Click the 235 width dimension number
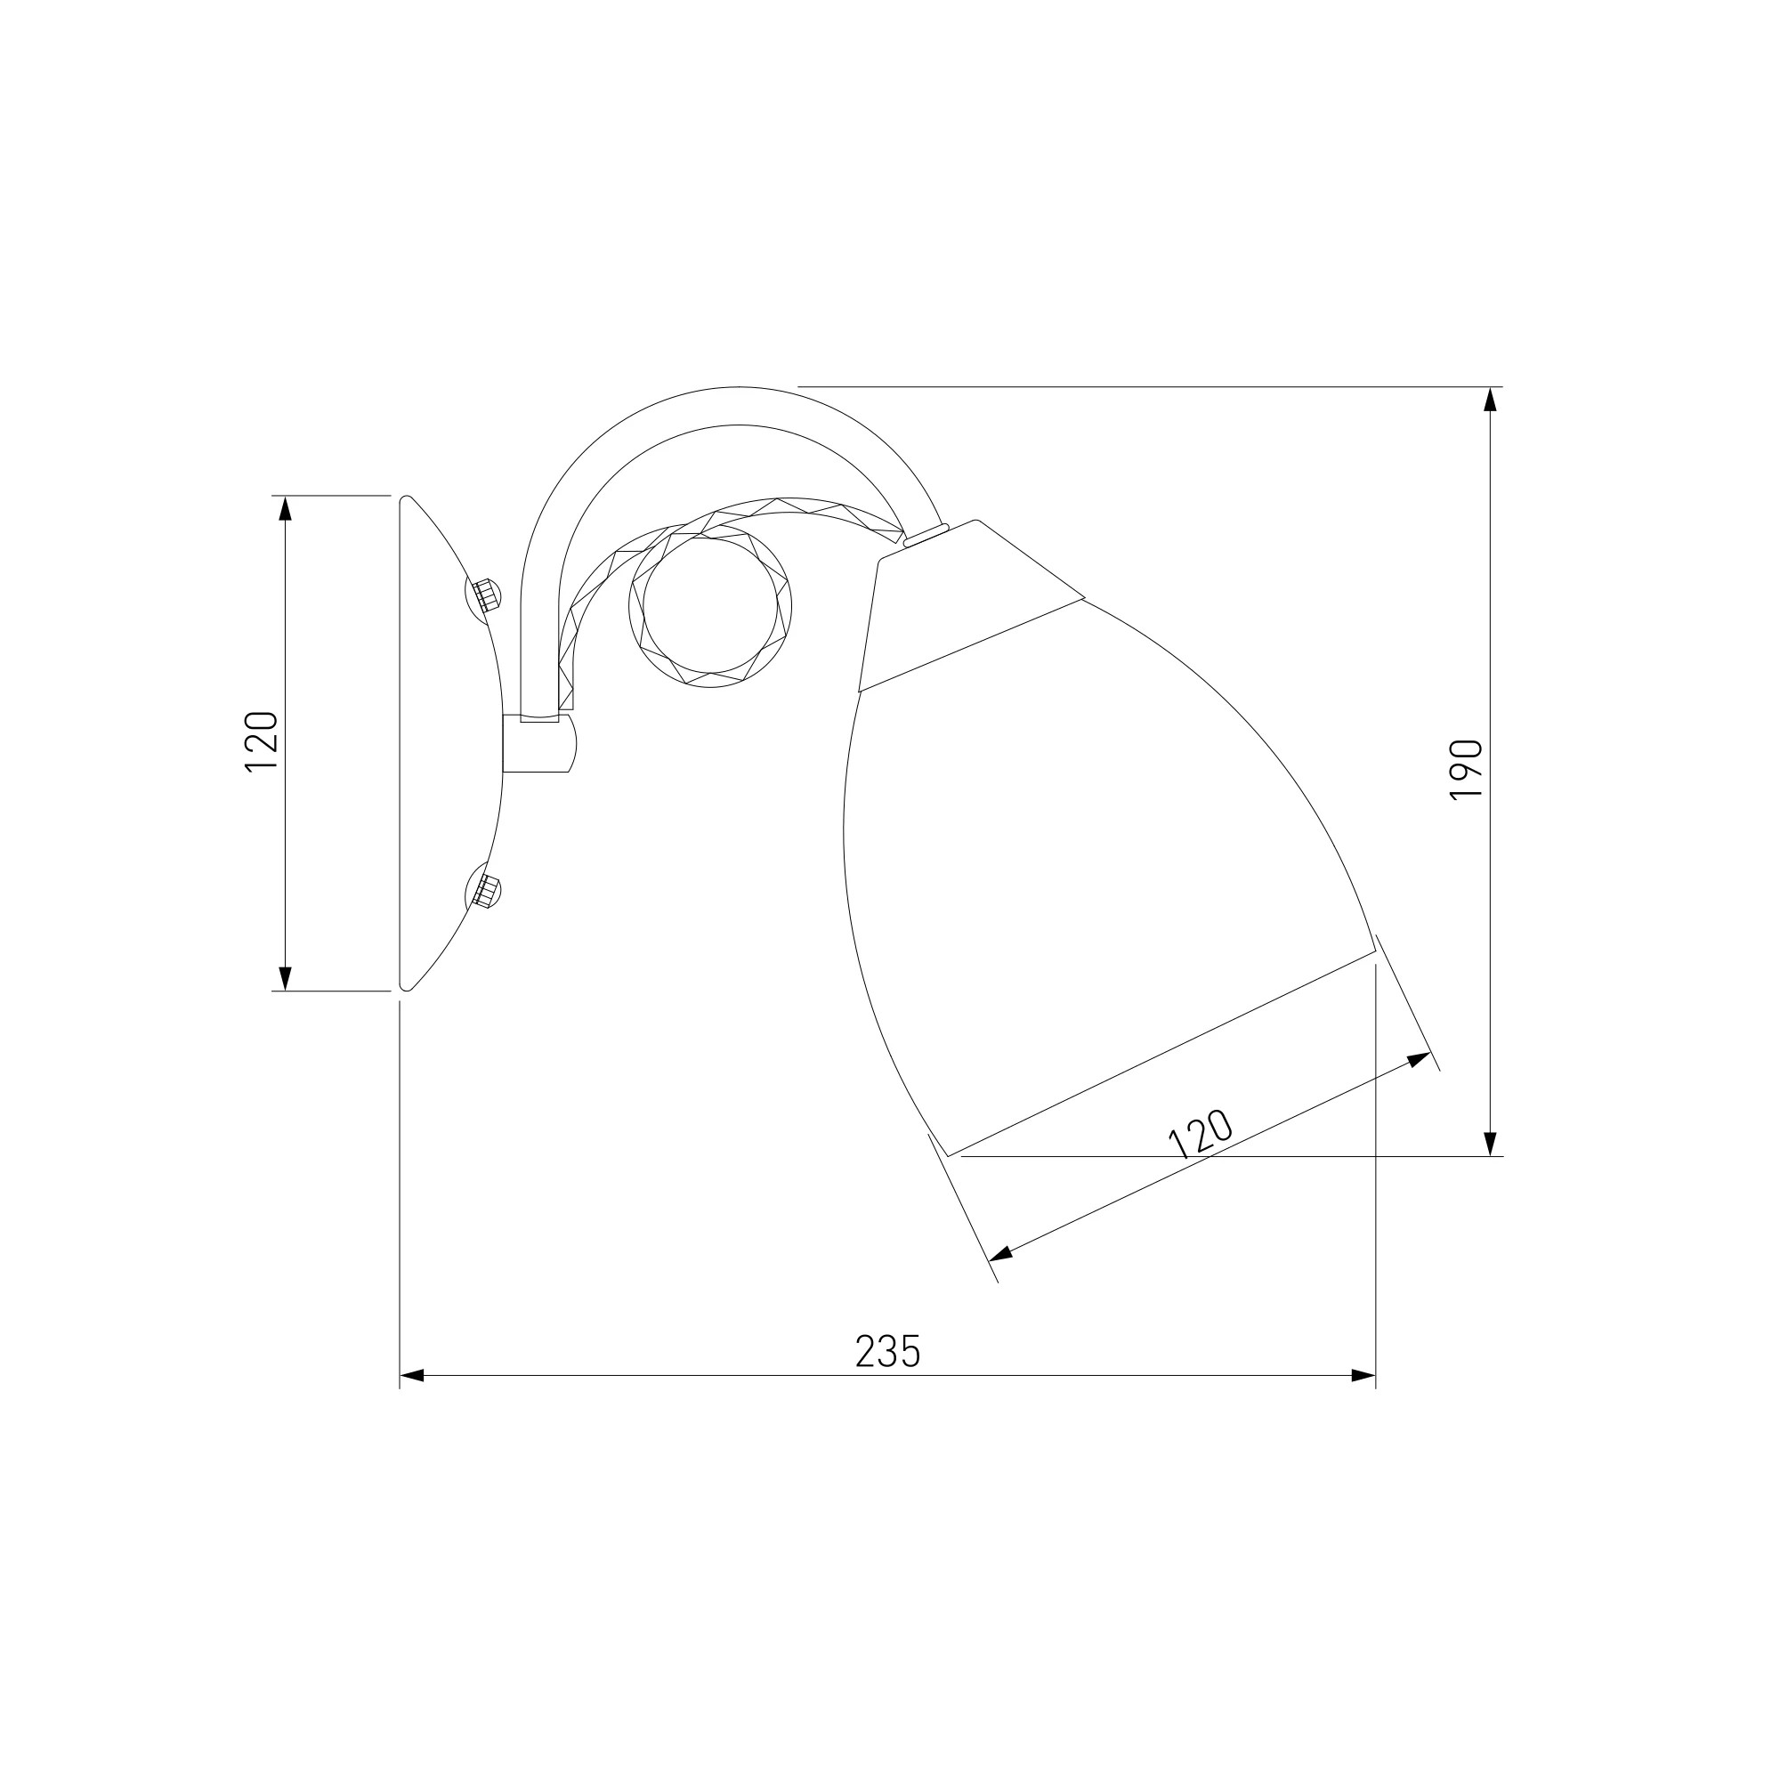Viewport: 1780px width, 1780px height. [887, 1351]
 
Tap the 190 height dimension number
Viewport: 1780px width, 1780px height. [1466, 769]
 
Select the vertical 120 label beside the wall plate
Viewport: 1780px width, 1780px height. [262, 741]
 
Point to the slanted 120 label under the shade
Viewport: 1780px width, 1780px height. [1201, 1133]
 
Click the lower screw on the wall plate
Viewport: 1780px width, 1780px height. [485, 891]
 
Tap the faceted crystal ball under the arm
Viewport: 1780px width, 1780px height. [709, 606]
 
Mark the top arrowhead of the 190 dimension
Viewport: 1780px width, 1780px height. [1491, 399]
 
